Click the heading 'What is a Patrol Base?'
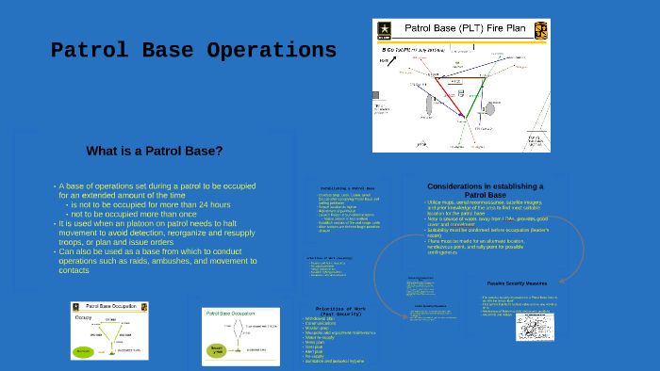tap(154, 151)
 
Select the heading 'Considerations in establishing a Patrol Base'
tap(485, 190)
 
